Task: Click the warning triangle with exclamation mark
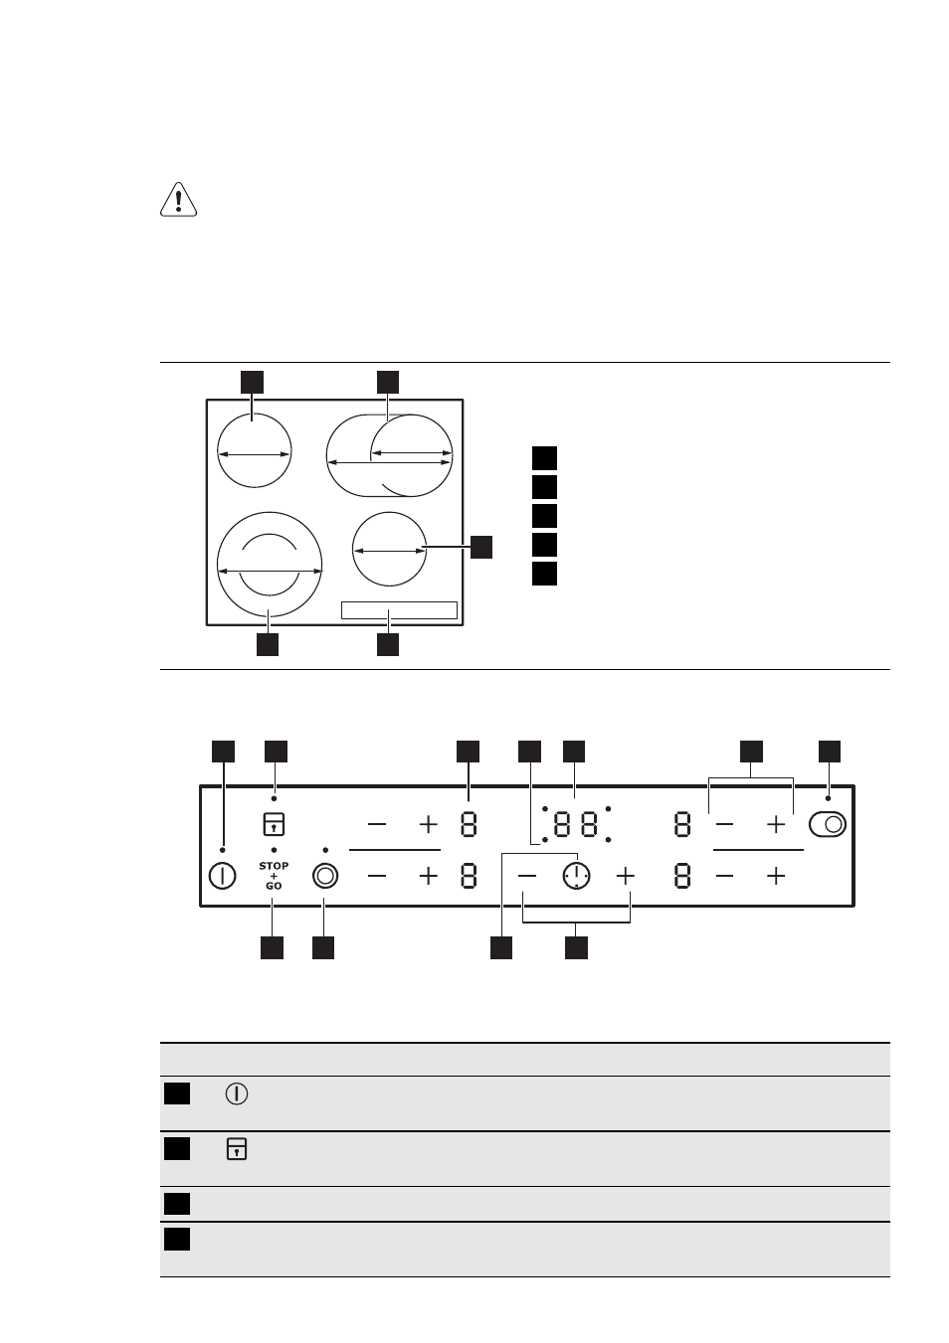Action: [178, 199]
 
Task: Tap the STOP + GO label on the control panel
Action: [274, 876]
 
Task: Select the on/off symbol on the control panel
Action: [222, 877]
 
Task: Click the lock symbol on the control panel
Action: [274, 824]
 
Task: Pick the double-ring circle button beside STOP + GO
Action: [325, 877]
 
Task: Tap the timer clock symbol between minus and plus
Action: [577, 876]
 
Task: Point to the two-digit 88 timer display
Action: [576, 824]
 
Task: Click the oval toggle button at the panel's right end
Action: [828, 824]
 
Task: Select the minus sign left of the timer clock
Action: [526, 877]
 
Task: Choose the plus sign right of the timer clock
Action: [626, 877]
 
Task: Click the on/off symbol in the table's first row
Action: [237, 1094]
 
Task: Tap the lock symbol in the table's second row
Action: [237, 1149]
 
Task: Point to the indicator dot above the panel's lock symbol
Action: [275, 798]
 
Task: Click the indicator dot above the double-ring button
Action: [325, 850]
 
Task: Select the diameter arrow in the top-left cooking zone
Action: [254, 454]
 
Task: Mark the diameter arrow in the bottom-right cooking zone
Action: [389, 551]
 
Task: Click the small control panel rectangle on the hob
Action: [399, 610]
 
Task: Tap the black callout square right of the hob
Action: [481, 547]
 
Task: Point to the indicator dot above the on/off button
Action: [223, 850]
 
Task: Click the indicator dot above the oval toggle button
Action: [828, 798]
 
